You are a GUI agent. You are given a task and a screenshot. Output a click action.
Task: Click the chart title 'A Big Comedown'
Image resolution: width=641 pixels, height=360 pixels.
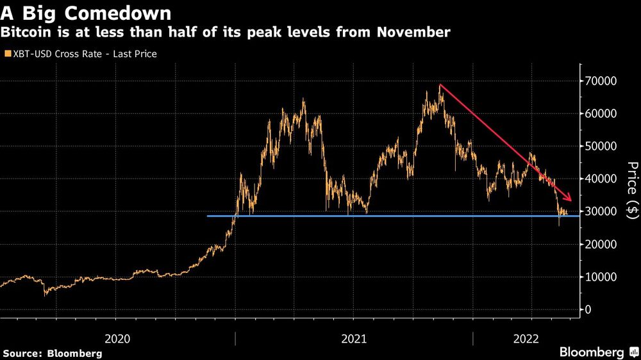[x=86, y=13]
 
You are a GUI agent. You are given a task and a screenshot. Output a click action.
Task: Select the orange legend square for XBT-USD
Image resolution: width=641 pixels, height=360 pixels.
[x=8, y=54]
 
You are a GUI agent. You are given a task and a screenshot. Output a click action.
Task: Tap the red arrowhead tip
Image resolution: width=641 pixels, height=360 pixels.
[x=571, y=199]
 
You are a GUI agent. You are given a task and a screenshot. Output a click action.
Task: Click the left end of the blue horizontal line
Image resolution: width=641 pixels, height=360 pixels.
[x=208, y=216]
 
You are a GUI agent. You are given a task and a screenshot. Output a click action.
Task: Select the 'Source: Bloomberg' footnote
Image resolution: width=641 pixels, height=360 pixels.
[x=53, y=353]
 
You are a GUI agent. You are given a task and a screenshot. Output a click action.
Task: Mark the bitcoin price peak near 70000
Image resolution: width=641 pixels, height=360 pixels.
[x=440, y=85]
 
